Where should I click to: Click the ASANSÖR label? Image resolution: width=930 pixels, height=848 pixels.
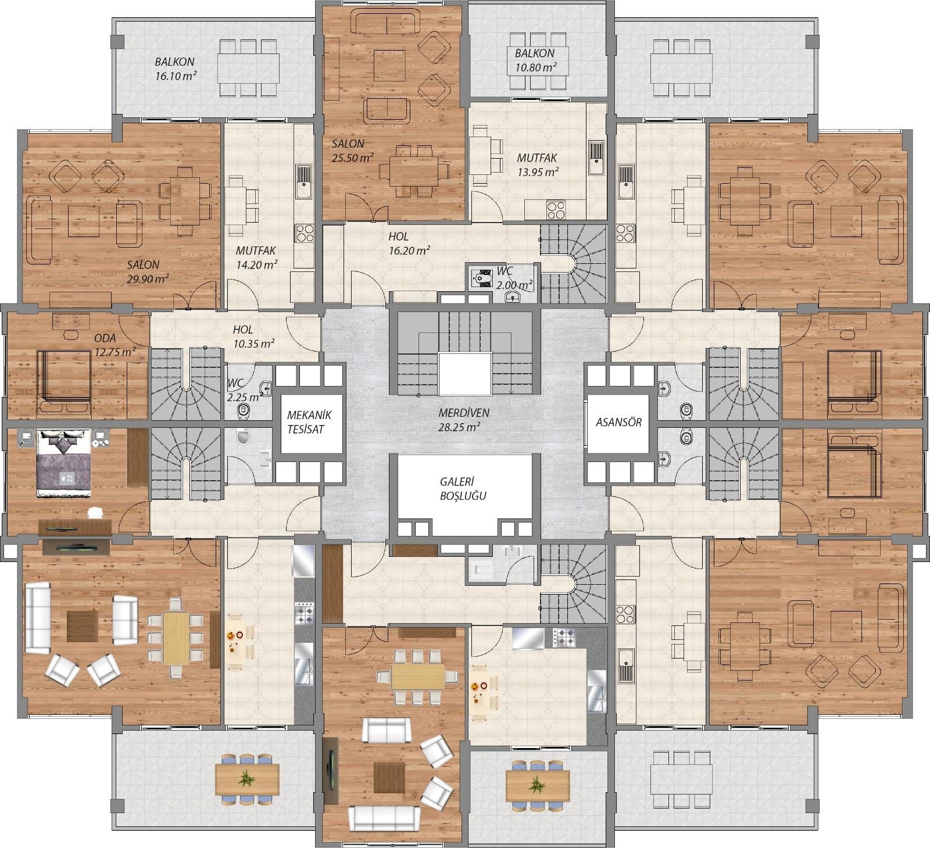tap(618, 422)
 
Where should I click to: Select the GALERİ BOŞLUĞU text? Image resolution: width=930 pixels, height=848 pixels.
tap(463, 489)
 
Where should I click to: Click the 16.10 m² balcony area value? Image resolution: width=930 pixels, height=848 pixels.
tap(176, 76)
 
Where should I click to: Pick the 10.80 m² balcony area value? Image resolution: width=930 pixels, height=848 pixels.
tap(535, 67)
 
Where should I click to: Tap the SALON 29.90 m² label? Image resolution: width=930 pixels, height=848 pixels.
tap(148, 271)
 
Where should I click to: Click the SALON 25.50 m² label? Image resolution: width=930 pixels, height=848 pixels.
tap(352, 150)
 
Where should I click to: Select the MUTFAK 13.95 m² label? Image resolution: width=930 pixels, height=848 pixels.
tap(538, 164)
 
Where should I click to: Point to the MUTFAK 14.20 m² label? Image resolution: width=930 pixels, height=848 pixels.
tap(256, 257)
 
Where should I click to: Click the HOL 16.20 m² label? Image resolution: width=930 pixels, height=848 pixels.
tap(409, 244)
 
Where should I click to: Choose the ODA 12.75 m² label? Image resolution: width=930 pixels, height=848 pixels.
tap(115, 345)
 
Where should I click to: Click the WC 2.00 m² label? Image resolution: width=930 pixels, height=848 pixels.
tap(514, 278)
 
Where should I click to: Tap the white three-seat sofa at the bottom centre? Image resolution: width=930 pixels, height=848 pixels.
tap(384, 818)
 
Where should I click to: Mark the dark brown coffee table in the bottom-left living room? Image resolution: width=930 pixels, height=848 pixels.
tap(83, 626)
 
